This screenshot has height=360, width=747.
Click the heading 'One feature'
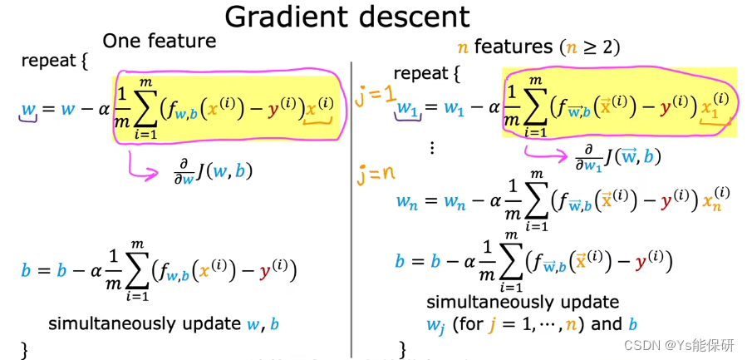(x=159, y=41)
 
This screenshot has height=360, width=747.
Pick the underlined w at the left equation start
(x=28, y=110)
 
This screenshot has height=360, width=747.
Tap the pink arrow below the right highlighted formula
(x=544, y=153)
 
